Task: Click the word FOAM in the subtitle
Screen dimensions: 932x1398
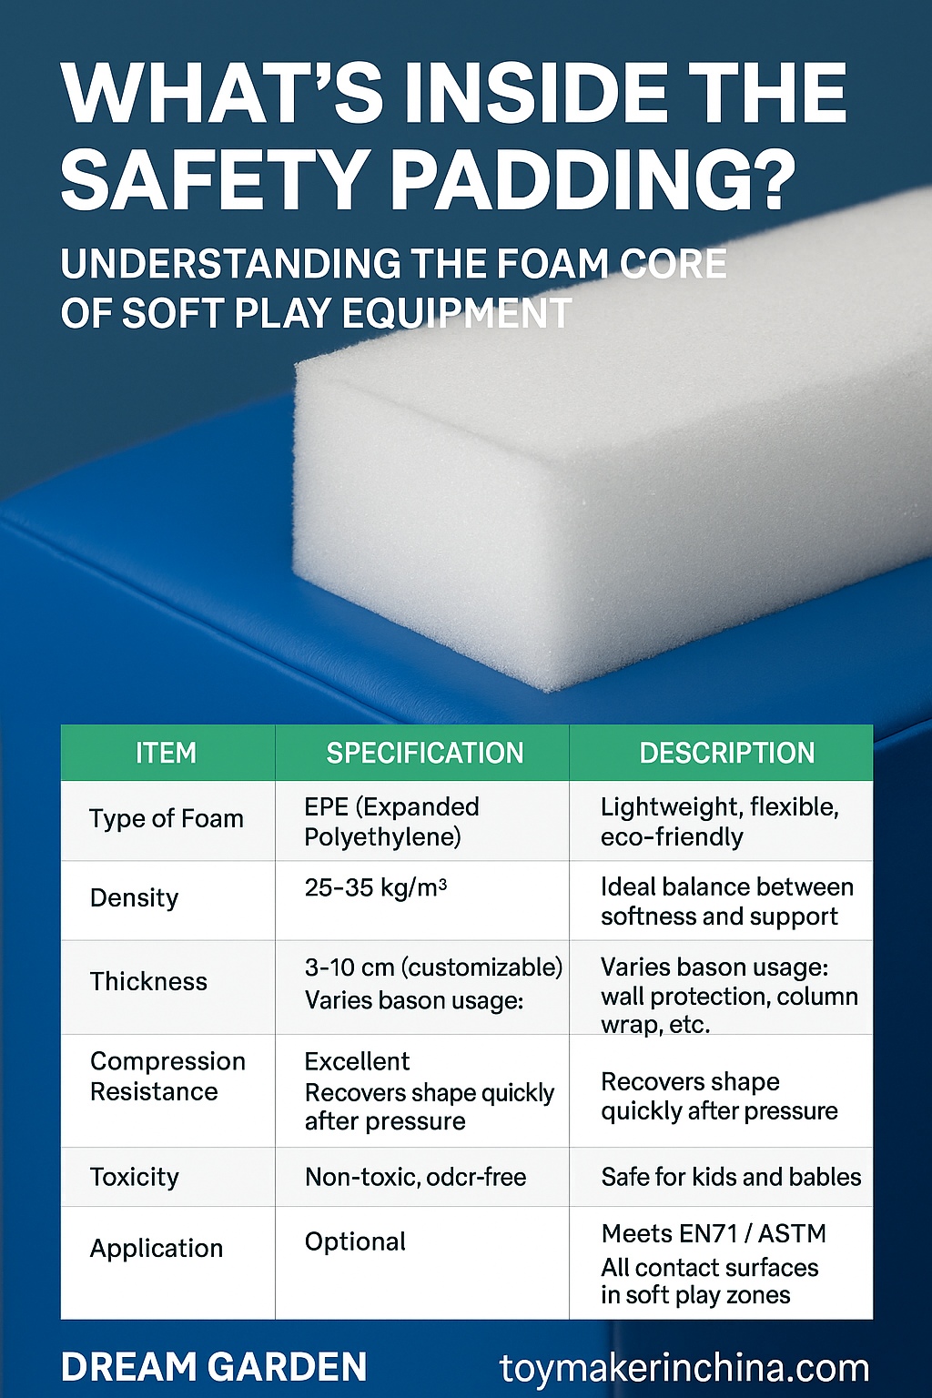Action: [552, 263]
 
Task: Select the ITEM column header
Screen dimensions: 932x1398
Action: [166, 753]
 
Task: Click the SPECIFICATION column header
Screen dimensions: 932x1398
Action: [424, 753]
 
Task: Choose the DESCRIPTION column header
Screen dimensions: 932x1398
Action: [727, 753]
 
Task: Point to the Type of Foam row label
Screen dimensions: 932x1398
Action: [166, 819]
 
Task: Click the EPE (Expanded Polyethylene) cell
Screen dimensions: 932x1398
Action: [391, 822]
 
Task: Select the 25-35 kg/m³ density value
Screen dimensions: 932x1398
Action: [375, 886]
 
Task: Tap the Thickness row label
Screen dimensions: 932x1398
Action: [148, 981]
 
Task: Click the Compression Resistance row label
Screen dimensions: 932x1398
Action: [167, 1076]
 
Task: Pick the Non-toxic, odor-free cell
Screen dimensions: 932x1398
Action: [415, 1177]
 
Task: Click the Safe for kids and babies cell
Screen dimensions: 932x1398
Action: [731, 1177]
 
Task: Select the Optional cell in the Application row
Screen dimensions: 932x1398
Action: [355, 1241]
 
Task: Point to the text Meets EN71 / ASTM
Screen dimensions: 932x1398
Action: [714, 1234]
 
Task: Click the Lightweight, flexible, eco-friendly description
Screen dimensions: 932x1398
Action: [720, 822]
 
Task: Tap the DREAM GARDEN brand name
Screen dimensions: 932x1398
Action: [214, 1367]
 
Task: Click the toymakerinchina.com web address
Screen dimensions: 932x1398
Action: [684, 1368]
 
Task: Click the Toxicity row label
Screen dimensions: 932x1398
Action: [134, 1177]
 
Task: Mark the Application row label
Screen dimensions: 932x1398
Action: [156, 1248]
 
